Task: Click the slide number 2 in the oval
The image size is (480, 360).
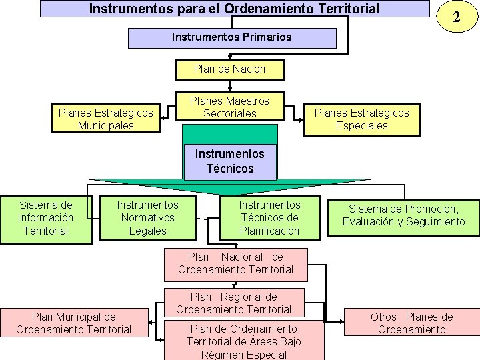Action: pyautogui.click(x=456, y=17)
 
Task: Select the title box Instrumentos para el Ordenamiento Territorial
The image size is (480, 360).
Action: pyautogui.click(x=235, y=9)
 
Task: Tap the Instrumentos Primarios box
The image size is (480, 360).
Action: pyautogui.click(x=231, y=37)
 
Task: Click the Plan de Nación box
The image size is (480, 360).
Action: pyautogui.click(x=229, y=69)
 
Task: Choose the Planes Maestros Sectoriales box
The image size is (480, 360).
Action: pyautogui.click(x=229, y=107)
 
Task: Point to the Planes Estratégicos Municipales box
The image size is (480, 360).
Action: pyautogui.click(x=105, y=119)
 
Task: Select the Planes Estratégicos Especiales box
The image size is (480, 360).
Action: pyautogui.click(x=362, y=119)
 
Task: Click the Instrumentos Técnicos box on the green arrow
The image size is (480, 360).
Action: pyautogui.click(x=230, y=161)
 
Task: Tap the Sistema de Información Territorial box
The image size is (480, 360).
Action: pyautogui.click(x=45, y=218)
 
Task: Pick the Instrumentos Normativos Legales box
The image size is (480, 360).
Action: pyautogui.click(x=148, y=218)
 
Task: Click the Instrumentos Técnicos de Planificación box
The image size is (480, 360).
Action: pyautogui.click(x=270, y=218)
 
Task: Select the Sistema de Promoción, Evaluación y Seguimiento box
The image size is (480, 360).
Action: pyautogui.click(x=404, y=215)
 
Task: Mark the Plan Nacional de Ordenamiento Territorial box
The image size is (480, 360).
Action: pyautogui.click(x=235, y=263)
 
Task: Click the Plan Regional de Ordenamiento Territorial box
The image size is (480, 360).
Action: pyautogui.click(x=234, y=303)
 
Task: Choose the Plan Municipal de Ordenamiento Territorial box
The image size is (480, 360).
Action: pyautogui.click(x=73, y=323)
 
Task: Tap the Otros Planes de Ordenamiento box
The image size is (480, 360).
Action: pyautogui.click(x=411, y=323)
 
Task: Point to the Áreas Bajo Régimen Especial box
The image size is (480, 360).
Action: pyautogui.click(x=243, y=341)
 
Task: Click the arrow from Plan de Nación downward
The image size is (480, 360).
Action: pyautogui.click(x=229, y=86)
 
